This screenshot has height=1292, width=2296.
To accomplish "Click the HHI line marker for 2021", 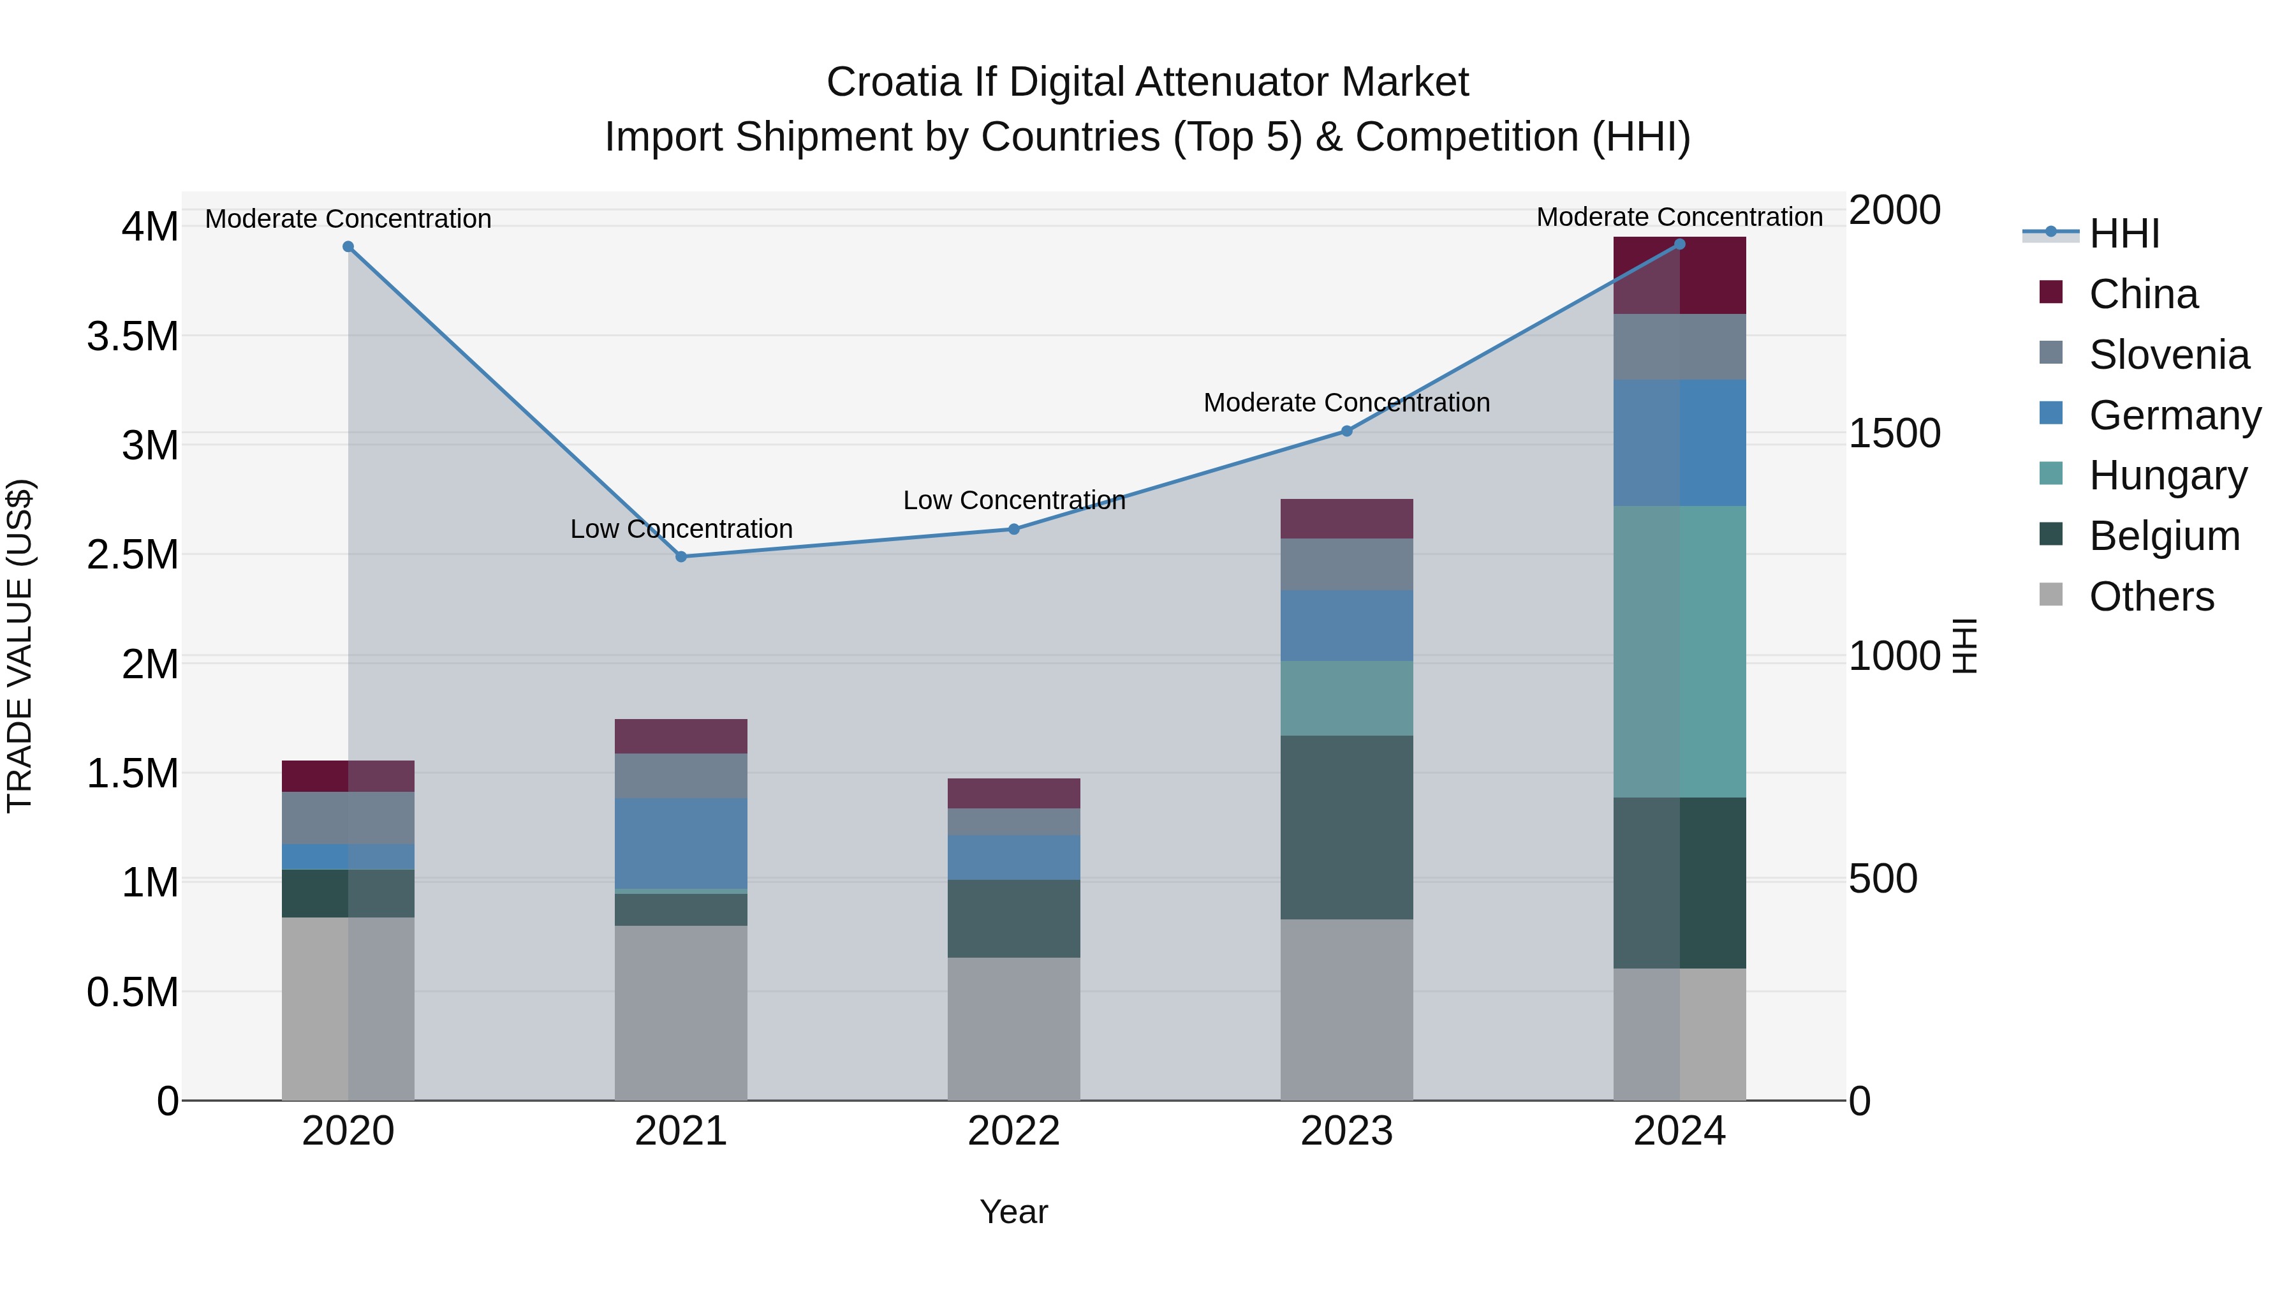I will [x=681, y=556].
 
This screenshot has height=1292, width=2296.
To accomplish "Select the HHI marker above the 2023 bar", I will [x=1347, y=431].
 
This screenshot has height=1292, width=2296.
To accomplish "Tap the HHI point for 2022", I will [x=1013, y=529].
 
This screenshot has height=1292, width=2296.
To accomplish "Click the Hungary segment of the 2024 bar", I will [x=1679, y=651].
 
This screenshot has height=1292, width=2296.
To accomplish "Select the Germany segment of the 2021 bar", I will [x=681, y=843].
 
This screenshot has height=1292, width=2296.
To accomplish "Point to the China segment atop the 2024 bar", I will [x=1679, y=276].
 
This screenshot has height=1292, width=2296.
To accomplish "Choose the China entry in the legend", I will [x=2143, y=294].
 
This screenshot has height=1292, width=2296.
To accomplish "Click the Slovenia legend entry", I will [x=2168, y=355].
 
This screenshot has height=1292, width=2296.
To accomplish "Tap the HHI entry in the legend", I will [x=2124, y=234].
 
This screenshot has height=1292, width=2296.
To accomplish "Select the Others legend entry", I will [x=2151, y=597].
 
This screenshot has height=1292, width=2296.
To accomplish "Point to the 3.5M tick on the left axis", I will [x=133, y=337].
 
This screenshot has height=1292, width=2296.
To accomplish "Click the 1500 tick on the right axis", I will [x=1894, y=433].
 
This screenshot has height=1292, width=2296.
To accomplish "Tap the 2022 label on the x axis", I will [x=1013, y=1131].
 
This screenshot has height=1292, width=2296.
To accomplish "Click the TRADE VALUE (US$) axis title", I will [x=20, y=646].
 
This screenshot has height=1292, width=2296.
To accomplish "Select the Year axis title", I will [x=1013, y=1212].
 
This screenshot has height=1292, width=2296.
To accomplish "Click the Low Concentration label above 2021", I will [x=681, y=529].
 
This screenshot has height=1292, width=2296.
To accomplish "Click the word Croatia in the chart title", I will [x=894, y=83].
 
